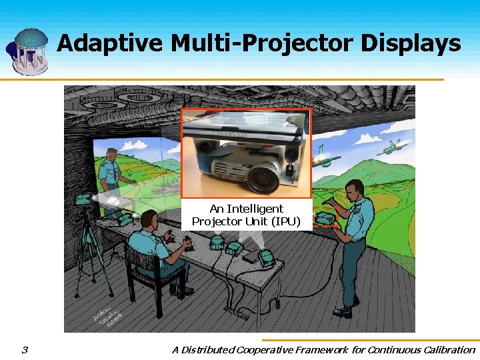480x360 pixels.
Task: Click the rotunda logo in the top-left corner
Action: click(27, 52)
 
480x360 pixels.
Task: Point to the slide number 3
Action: click(25, 350)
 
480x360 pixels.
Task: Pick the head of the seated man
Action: click(149, 220)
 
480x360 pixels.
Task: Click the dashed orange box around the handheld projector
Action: click(325, 217)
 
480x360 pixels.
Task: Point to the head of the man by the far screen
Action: click(111, 155)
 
